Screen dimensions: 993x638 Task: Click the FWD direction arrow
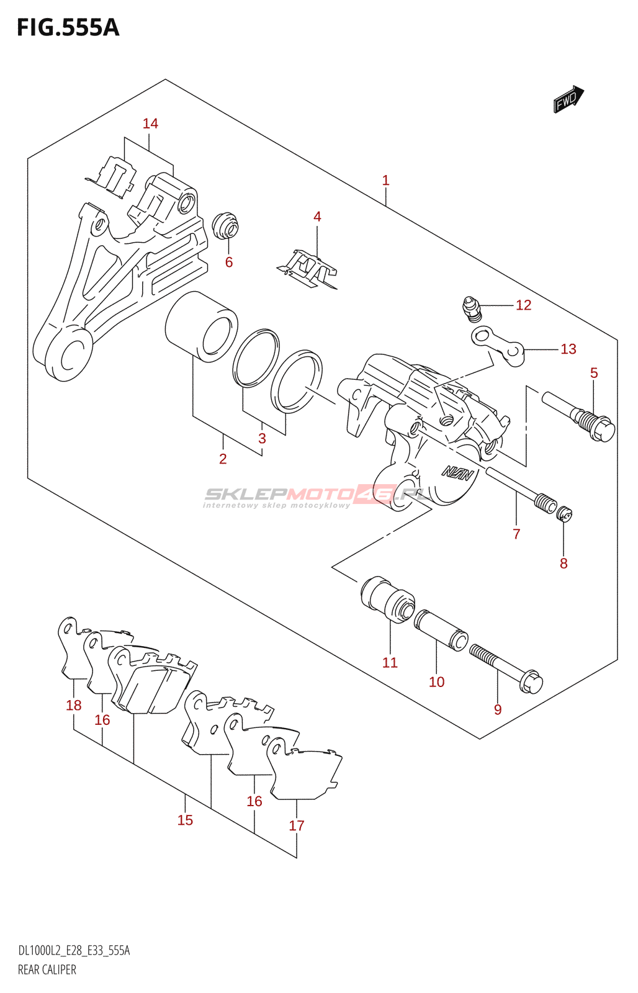point(568,99)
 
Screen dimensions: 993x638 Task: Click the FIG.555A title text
point(68,28)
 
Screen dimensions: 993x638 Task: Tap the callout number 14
point(150,124)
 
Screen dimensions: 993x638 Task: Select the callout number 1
point(385,181)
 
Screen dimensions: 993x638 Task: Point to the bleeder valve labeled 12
point(472,308)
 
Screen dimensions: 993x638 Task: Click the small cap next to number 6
point(225,227)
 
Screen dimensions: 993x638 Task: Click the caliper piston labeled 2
point(201,326)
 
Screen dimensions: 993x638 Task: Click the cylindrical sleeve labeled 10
point(441,630)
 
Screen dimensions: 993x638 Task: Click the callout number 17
point(297,825)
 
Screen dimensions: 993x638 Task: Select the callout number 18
point(74,705)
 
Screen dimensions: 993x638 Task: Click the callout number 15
point(185,820)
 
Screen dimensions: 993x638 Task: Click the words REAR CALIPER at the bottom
point(47,970)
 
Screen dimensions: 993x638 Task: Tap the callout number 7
point(516,534)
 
